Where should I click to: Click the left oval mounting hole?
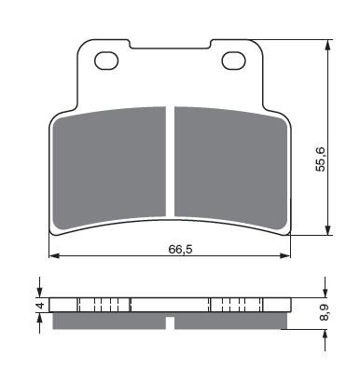107,61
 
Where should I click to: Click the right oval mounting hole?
234,61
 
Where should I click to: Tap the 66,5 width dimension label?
181,249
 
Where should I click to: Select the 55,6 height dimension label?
320,158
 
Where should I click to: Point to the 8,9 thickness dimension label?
324,312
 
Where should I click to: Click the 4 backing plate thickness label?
39,306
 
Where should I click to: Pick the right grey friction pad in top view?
230,166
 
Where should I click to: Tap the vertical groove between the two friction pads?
171,161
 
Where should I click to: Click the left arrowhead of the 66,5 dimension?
54,255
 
